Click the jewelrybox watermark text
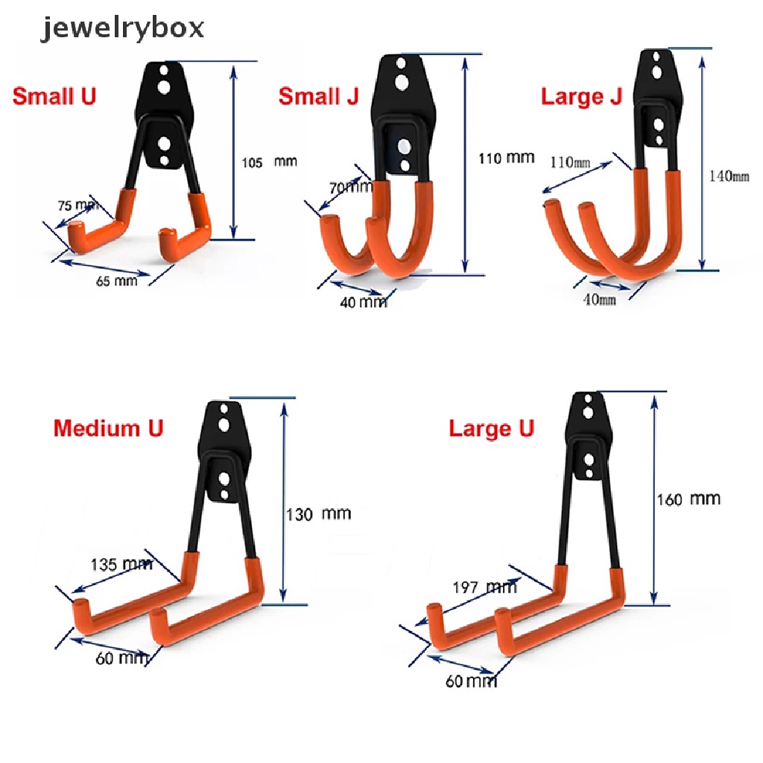(x=124, y=29)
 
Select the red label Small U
(x=54, y=96)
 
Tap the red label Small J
(x=318, y=97)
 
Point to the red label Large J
(x=581, y=97)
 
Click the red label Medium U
(x=108, y=428)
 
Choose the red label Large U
(x=491, y=429)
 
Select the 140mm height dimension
(x=729, y=177)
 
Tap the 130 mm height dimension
(x=319, y=513)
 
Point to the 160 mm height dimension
(x=688, y=498)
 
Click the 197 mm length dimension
(x=485, y=588)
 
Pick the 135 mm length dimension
(x=121, y=564)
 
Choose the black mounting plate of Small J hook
(x=402, y=82)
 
